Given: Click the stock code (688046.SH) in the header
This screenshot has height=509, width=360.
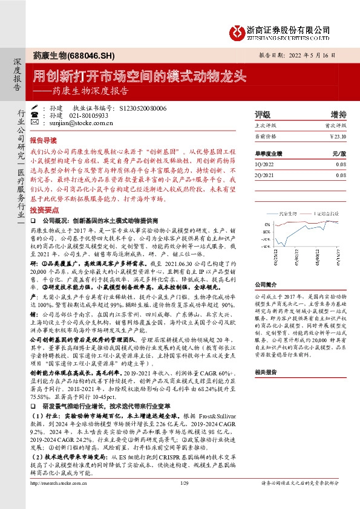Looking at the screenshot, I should click(91, 56).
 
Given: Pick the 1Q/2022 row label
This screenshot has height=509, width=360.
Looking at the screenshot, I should click(264, 164).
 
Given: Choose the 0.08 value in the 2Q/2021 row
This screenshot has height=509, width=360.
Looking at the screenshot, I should click(341, 175).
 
